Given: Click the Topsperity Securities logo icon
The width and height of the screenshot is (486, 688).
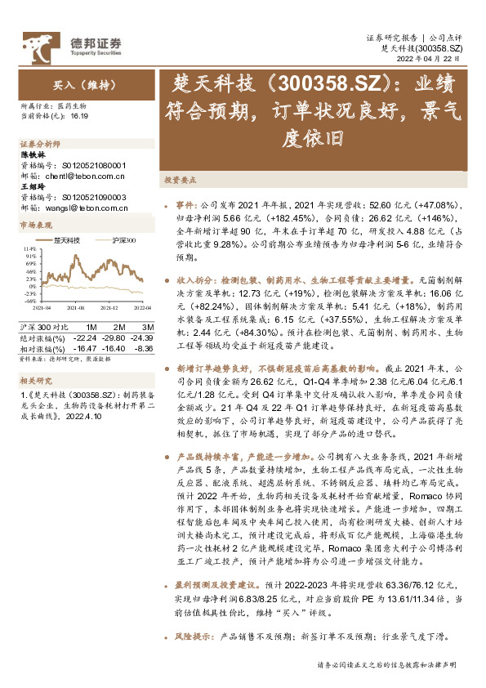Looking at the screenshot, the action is tap(40, 42).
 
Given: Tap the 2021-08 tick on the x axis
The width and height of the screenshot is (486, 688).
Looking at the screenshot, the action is tap(75, 308).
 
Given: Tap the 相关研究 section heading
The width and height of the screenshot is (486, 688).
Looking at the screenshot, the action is tap(33, 380).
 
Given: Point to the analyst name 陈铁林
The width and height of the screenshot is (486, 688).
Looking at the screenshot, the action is tap(33, 154).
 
